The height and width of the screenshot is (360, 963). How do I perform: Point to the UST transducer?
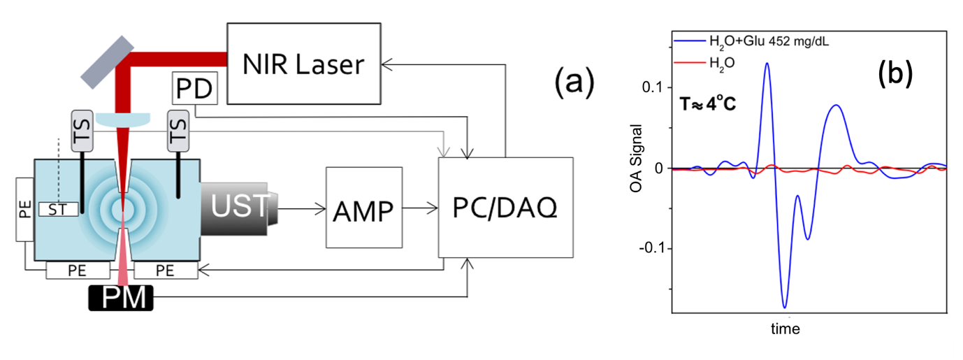[238, 204]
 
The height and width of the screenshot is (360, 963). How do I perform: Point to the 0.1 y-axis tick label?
[652, 87]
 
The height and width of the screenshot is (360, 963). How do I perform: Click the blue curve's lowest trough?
[785, 307]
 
